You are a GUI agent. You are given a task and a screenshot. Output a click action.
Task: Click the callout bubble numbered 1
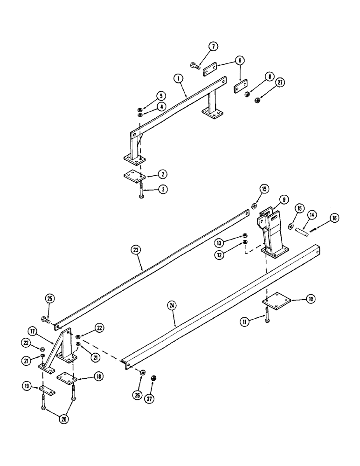[179, 79]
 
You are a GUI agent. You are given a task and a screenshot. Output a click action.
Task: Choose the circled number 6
[240, 61]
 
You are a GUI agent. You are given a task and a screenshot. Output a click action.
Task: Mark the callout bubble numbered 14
[312, 215]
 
